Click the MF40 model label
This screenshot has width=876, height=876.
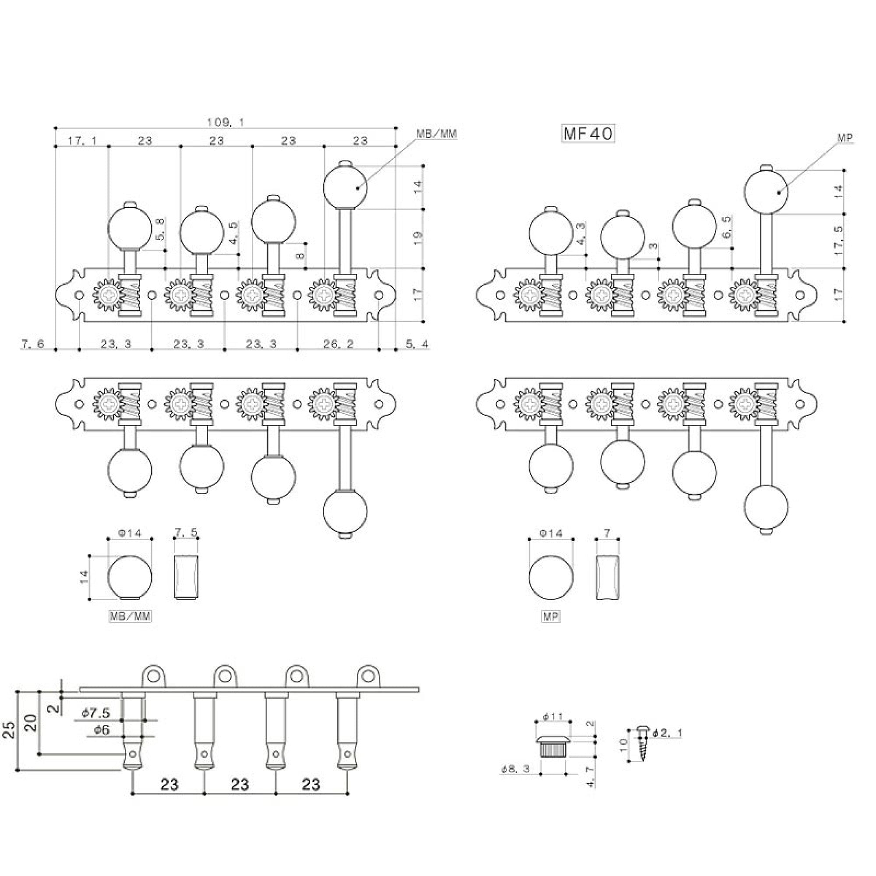[588, 134]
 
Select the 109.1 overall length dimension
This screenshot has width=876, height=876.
[225, 123]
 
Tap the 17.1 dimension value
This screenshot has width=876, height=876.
[82, 140]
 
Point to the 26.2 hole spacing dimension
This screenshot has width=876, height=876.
[338, 344]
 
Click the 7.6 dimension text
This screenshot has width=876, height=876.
[32, 344]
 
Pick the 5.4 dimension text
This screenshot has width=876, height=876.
[417, 344]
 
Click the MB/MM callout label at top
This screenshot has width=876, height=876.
[436, 134]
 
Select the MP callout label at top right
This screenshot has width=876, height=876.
[845, 138]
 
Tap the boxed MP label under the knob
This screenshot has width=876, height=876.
[551, 617]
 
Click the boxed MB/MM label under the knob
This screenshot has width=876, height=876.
[130, 616]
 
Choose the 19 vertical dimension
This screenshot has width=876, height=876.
[417, 235]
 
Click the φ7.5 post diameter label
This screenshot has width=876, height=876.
[95, 713]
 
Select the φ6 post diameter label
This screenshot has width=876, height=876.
[102, 730]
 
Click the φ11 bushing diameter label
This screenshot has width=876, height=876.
[553, 717]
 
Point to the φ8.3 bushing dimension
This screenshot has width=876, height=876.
[516, 769]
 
